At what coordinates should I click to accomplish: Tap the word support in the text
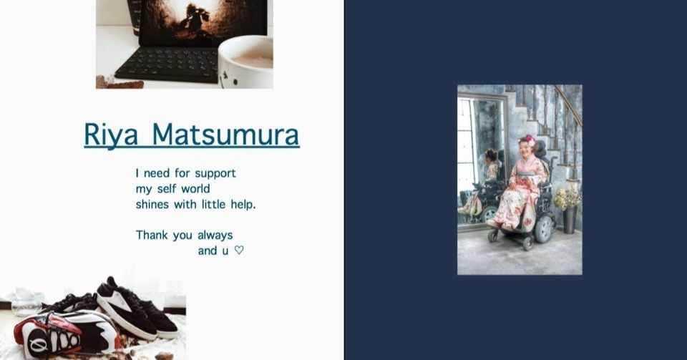[215, 173]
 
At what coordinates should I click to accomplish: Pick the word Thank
[151, 235]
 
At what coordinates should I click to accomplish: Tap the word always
[215, 235]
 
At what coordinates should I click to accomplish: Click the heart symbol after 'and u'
[239, 250]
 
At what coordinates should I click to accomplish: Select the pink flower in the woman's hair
[530, 140]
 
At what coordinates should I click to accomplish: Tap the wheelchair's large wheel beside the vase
[544, 228]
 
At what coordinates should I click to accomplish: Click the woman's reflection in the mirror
[490, 179]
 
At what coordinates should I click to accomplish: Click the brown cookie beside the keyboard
[120, 83]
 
